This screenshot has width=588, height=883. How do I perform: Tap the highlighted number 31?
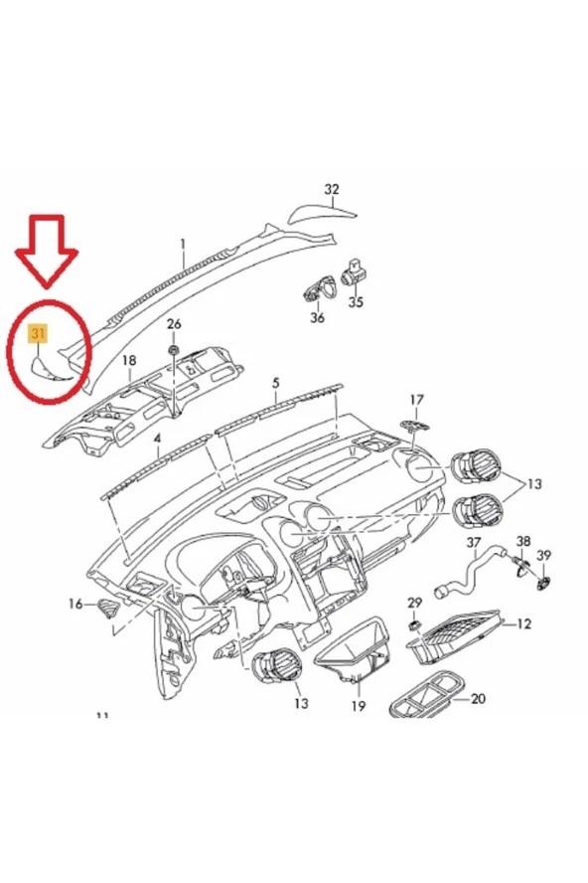coord(39,334)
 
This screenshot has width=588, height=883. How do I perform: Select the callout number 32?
coord(332,189)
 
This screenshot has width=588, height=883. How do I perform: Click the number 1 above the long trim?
coord(183,243)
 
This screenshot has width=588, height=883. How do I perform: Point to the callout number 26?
coord(174,324)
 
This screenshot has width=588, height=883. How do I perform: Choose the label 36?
coord(317,317)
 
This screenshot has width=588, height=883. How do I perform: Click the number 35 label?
coord(356,302)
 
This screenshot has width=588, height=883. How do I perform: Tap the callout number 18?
coord(128,360)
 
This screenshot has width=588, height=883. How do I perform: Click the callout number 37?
coord(474,543)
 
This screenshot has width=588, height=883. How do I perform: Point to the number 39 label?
coord(543,554)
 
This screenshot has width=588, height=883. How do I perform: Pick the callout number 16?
coord(75,604)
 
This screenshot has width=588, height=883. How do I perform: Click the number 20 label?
coord(478,698)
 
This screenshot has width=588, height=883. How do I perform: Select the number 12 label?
coord(524,623)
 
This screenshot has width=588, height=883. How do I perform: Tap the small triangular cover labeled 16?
coord(107,609)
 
